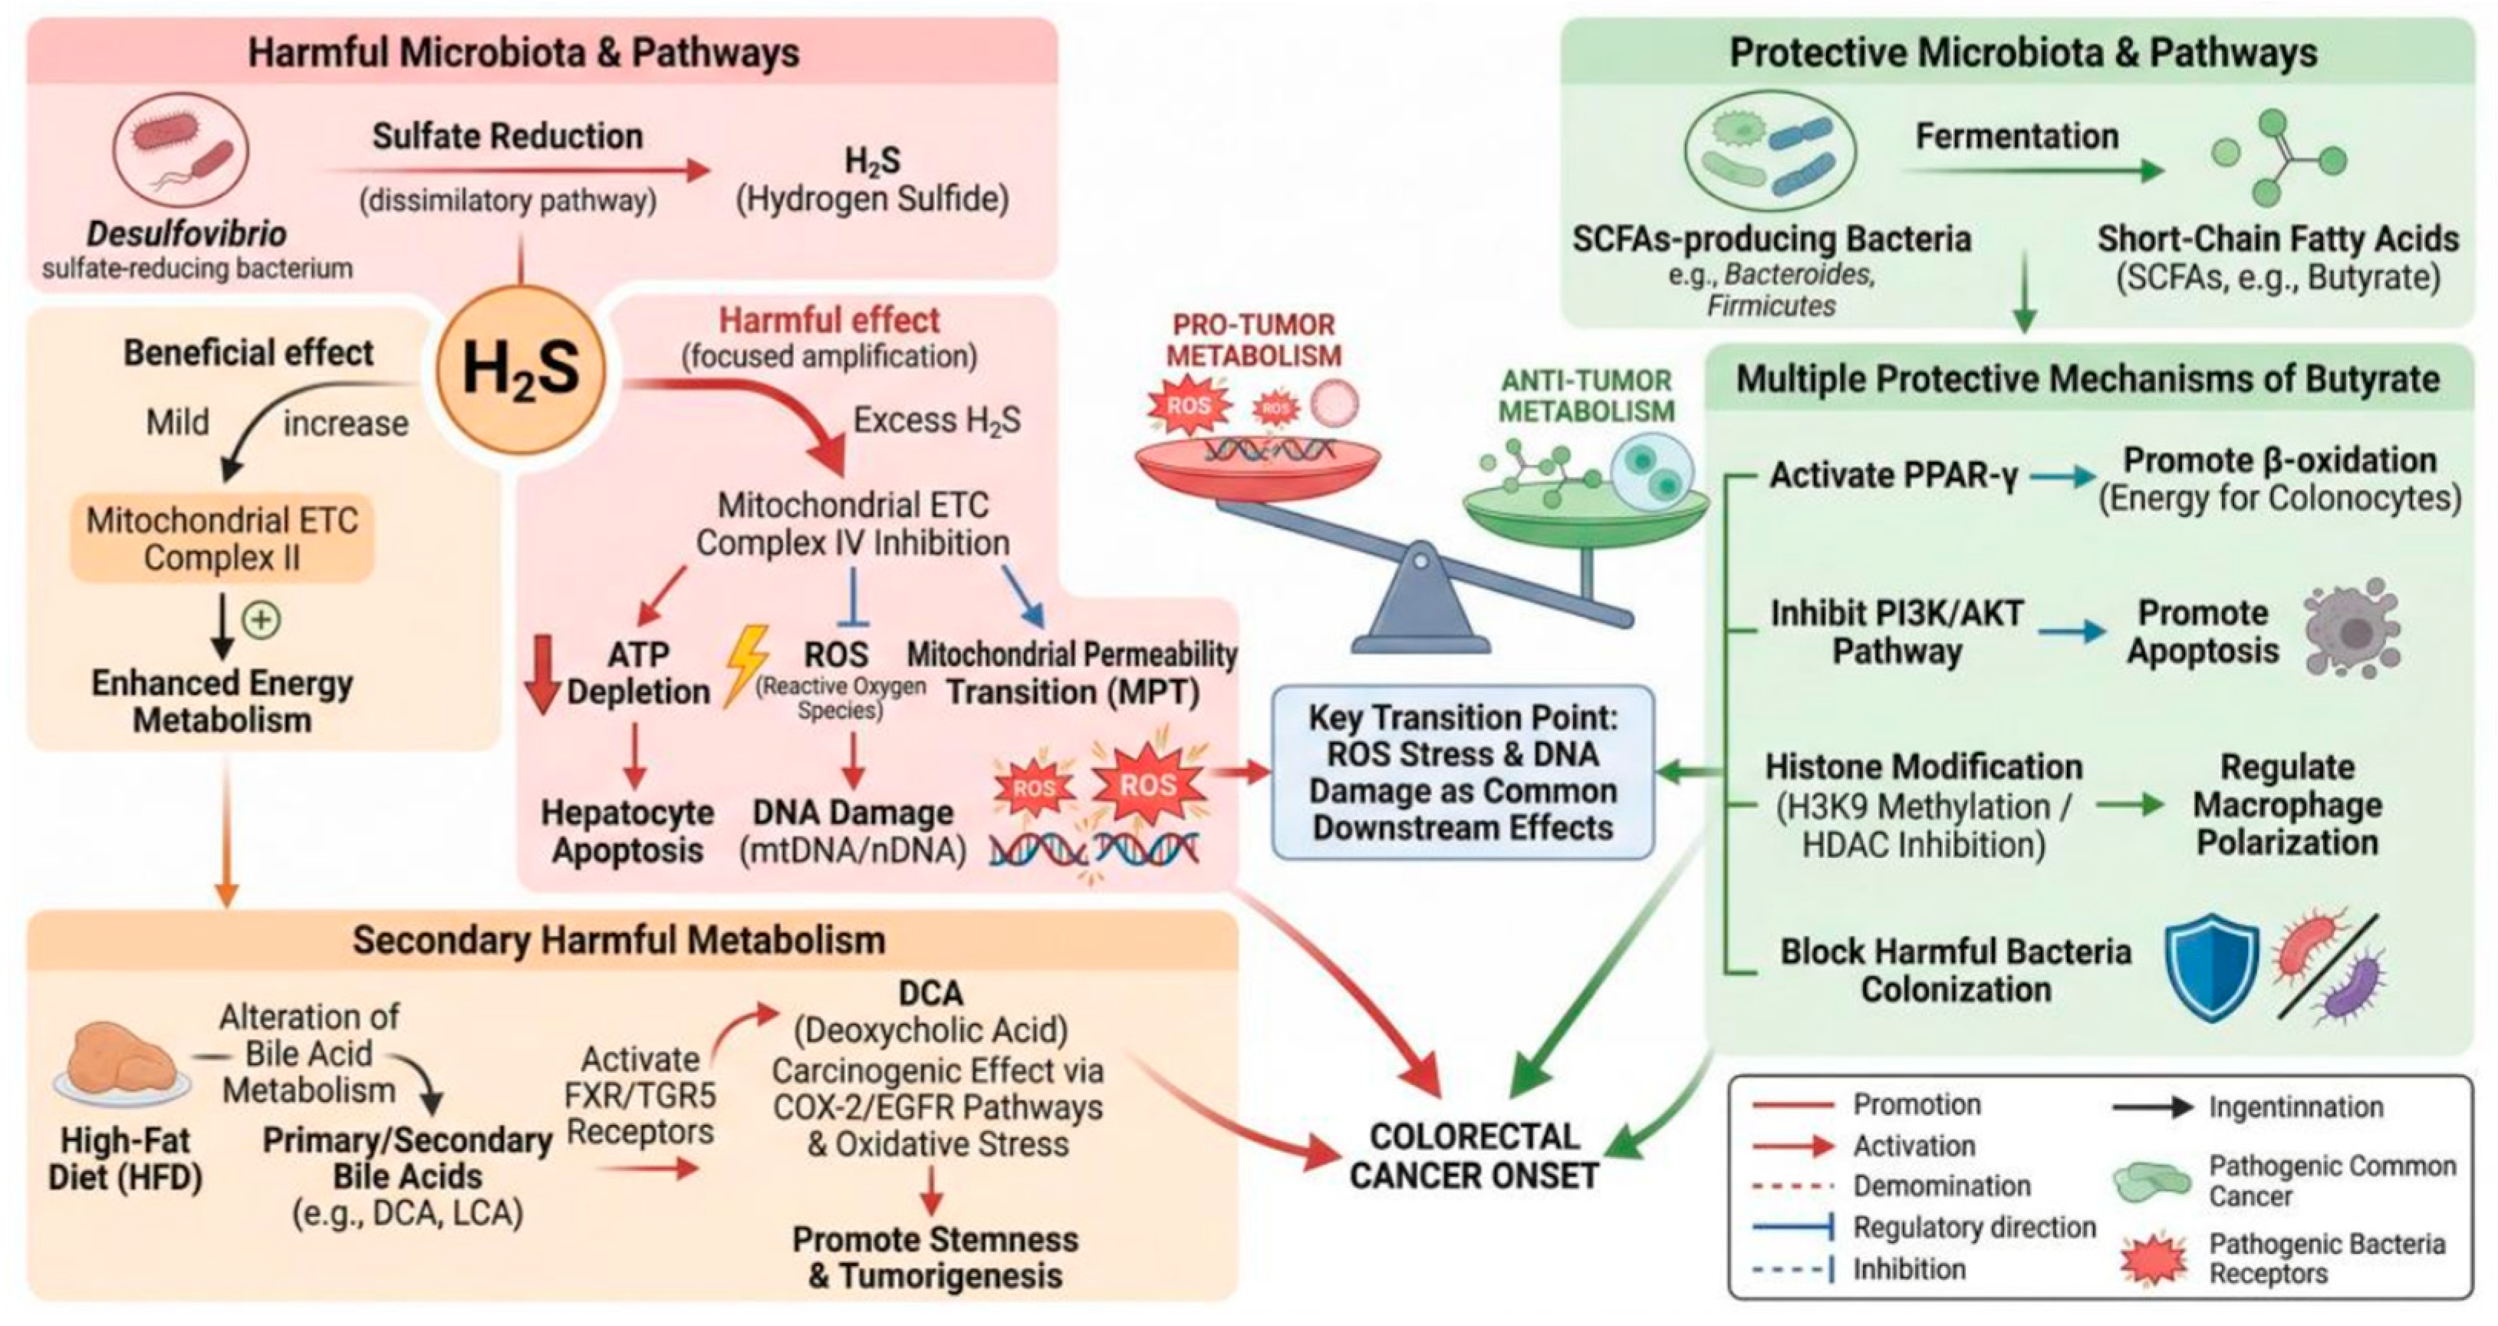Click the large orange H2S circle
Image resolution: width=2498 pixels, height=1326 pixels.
[x=521, y=371]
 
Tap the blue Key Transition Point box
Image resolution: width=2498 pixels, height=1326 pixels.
[x=1463, y=772]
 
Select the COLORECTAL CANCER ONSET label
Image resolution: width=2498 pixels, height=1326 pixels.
[x=1473, y=1156]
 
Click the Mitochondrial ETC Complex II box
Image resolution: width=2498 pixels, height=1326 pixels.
[x=222, y=539]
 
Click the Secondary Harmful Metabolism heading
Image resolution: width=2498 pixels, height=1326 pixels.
[x=619, y=940]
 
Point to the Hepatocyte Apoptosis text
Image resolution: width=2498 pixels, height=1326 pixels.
[x=627, y=830]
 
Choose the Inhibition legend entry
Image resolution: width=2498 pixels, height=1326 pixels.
[x=1908, y=1268]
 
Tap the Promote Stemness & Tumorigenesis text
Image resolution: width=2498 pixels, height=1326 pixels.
[x=935, y=1257]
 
